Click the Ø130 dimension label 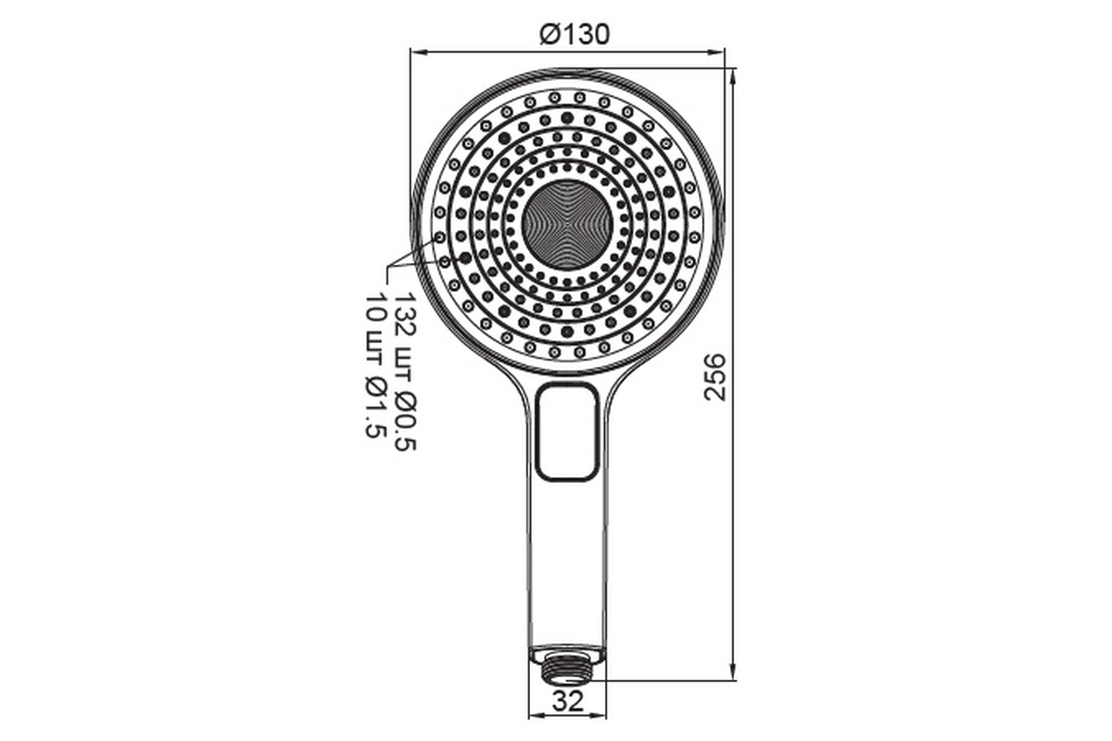point(575,35)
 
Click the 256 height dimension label point(715,377)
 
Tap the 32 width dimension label point(568,701)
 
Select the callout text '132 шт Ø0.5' point(405,371)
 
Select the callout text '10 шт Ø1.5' point(376,366)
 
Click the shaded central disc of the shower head point(567,225)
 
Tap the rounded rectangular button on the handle point(568,432)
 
